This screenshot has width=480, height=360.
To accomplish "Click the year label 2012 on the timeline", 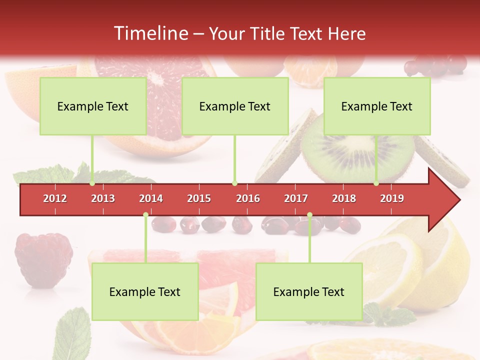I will tap(55, 198).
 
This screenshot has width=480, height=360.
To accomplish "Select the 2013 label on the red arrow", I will tap(103, 198).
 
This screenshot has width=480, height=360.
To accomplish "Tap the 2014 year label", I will tap(151, 198).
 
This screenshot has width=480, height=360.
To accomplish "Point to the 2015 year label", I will tap(199, 198).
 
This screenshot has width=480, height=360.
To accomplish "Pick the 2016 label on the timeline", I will tap(248, 198).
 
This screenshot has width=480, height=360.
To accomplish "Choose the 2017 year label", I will tap(296, 198).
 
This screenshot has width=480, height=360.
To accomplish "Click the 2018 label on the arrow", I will tap(344, 198).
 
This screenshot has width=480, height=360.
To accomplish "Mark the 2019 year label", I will tap(392, 198).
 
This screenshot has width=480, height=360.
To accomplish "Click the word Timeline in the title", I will tap(150, 33).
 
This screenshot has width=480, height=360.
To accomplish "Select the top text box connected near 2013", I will tap(93, 106).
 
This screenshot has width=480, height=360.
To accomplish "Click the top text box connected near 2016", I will tap(235, 106).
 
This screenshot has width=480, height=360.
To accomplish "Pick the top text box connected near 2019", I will tap(377, 106).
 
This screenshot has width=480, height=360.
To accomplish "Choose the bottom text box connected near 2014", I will tap(145, 291).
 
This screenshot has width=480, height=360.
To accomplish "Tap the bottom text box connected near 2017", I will tap(309, 291).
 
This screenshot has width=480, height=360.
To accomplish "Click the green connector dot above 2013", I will tap(92, 183).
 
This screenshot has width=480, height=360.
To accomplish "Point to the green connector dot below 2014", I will tap(145, 215).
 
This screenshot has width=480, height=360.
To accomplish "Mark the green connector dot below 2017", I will tap(309, 215).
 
